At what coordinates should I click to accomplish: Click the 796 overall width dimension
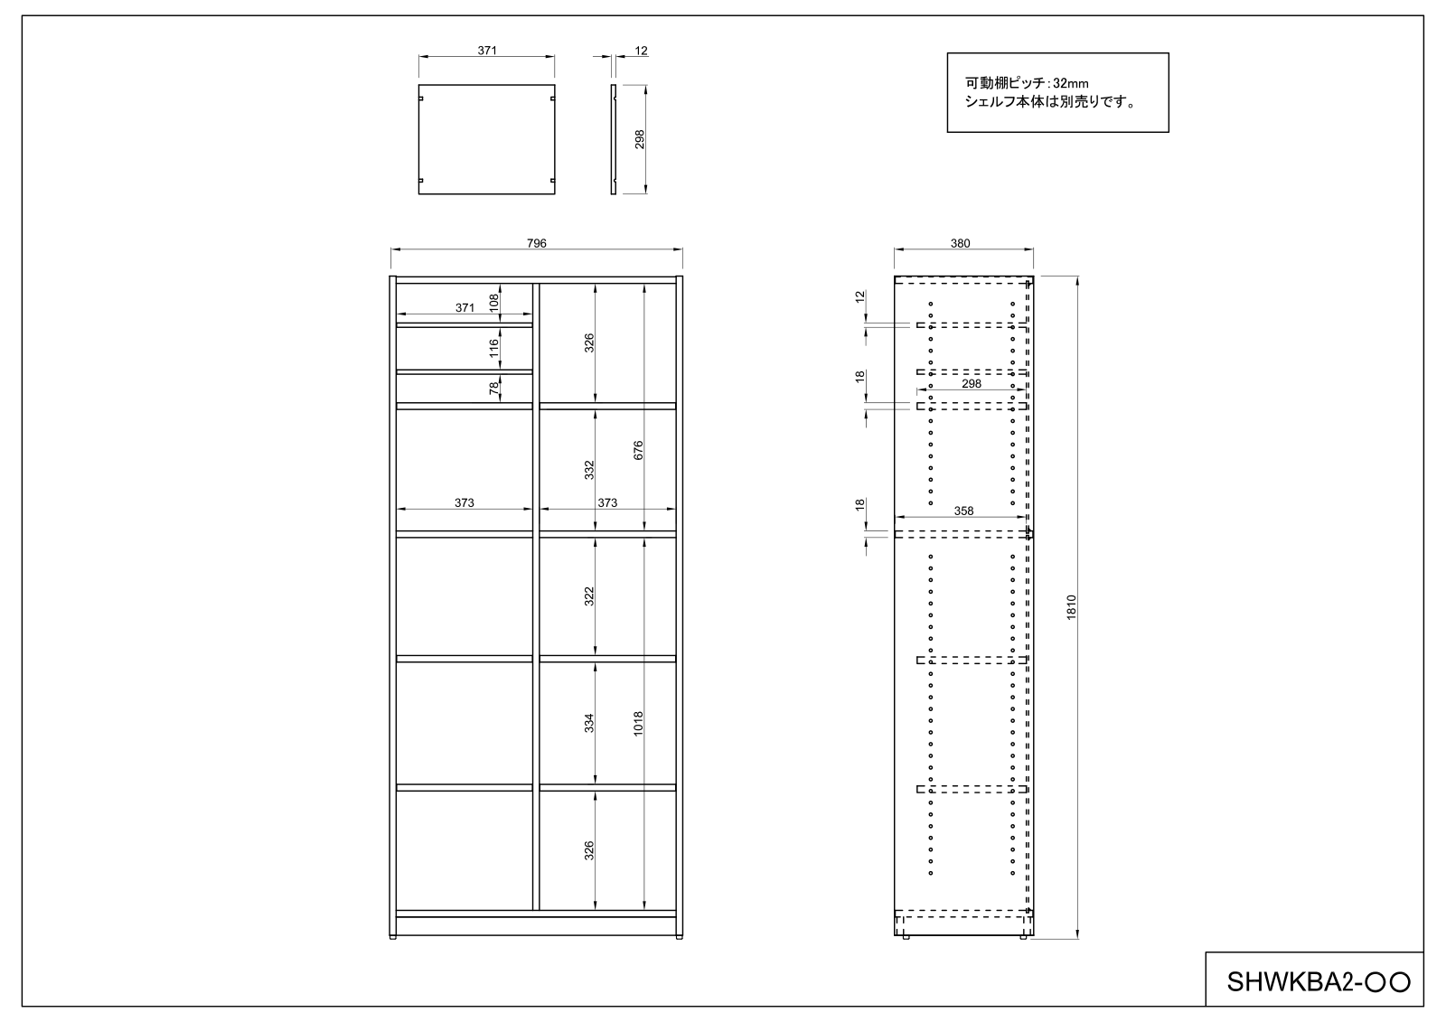click(x=537, y=243)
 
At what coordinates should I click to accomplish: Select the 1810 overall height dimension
click(x=1072, y=607)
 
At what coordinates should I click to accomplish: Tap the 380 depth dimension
click(x=961, y=243)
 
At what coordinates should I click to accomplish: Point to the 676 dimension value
click(x=638, y=451)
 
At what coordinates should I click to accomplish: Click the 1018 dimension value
click(x=638, y=724)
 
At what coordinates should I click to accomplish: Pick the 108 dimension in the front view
click(x=493, y=304)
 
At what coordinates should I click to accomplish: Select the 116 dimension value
click(x=493, y=349)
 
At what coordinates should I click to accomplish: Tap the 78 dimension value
click(x=493, y=388)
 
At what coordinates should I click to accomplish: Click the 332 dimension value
click(x=588, y=469)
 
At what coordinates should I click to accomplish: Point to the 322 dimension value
click(x=588, y=595)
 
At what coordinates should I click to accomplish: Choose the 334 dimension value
click(x=588, y=723)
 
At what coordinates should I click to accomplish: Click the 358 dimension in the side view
click(x=963, y=511)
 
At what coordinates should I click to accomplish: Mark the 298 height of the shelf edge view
click(x=640, y=139)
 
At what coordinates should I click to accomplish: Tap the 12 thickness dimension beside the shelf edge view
click(x=641, y=51)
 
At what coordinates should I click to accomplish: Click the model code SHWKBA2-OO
click(x=1319, y=982)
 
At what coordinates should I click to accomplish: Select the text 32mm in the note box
click(x=1070, y=83)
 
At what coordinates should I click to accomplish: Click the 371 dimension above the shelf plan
click(x=487, y=51)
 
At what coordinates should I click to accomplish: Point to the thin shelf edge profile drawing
click(x=614, y=139)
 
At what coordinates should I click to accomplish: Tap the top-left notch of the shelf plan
click(x=421, y=98)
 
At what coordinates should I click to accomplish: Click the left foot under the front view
click(x=392, y=937)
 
